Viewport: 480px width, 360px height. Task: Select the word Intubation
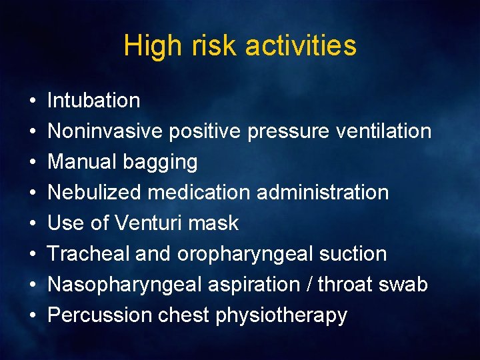[x=94, y=101]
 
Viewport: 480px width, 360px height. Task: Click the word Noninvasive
[x=105, y=131]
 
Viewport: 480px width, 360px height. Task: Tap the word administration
[x=322, y=193]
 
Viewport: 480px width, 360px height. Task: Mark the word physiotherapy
[x=281, y=315]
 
